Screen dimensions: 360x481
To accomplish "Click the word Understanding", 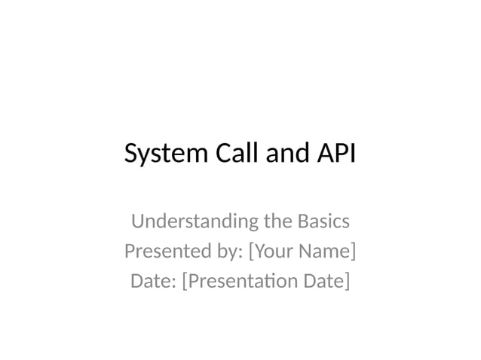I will pos(194,222).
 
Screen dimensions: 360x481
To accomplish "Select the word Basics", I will pos(323,222).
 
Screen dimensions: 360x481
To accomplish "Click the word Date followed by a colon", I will pos(152,281).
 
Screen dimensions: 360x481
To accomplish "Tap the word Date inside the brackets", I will pos(323,281).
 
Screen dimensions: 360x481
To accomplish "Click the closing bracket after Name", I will pos(353,251).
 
